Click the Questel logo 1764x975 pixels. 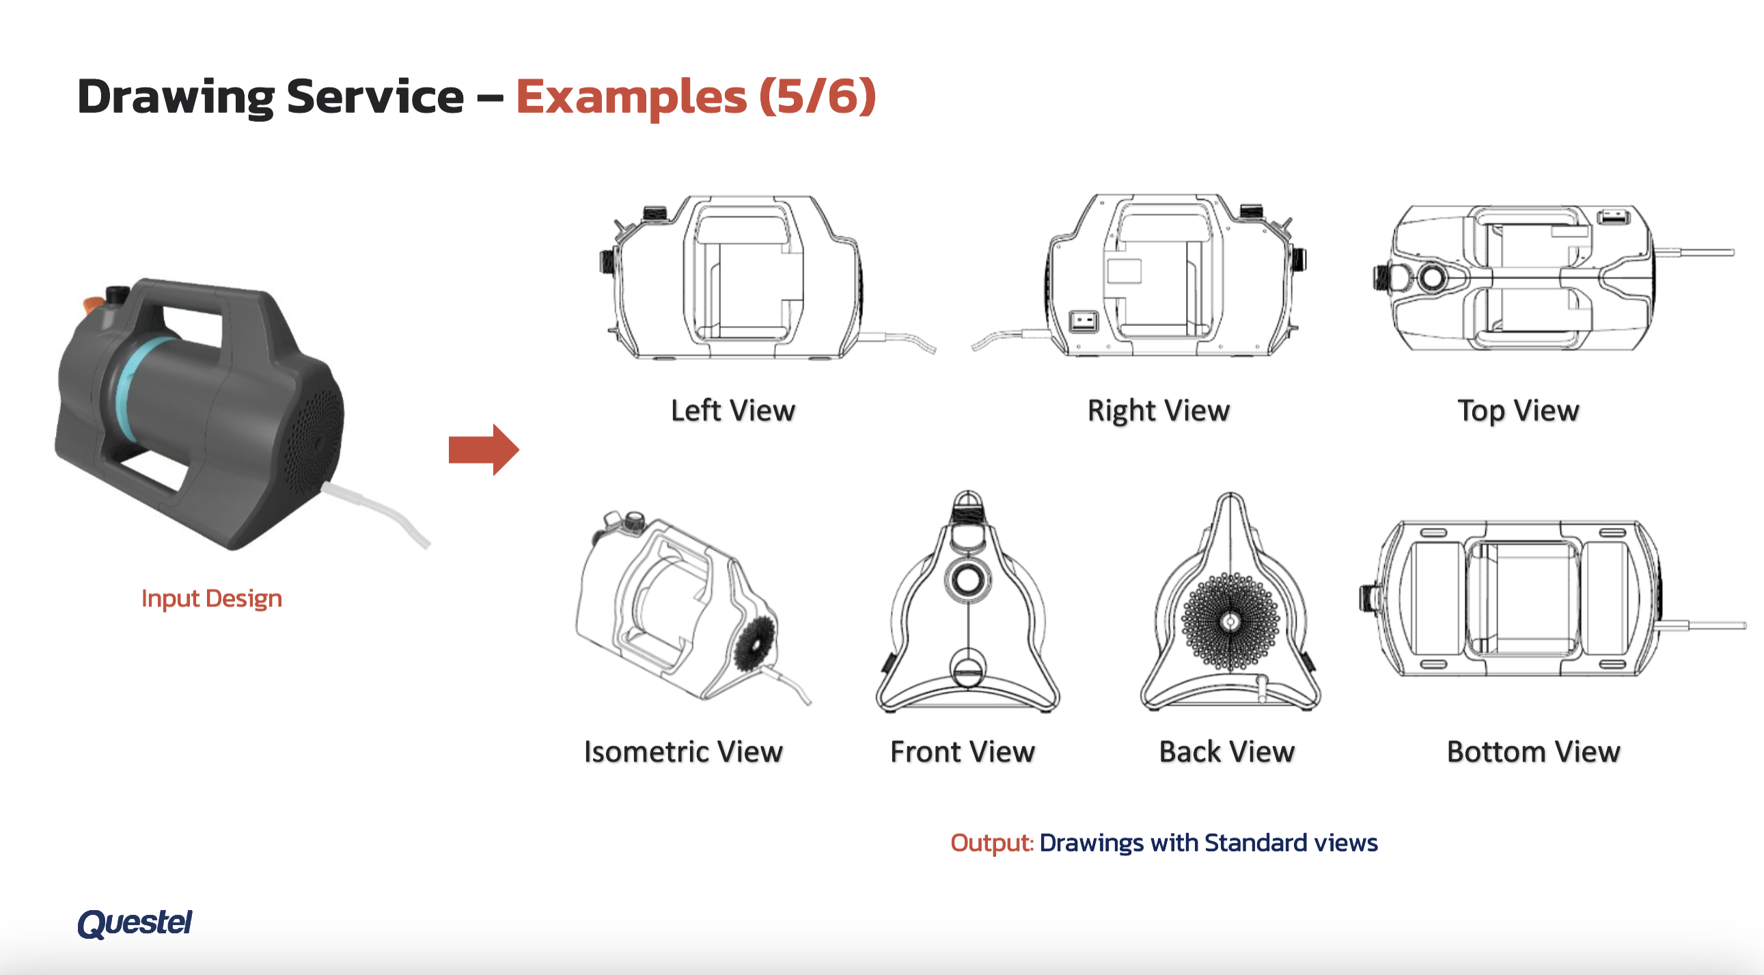click(x=134, y=922)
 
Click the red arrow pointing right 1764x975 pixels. click(x=484, y=449)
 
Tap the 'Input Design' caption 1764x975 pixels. click(x=212, y=598)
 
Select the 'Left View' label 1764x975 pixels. click(x=732, y=410)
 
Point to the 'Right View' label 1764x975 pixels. click(x=1159, y=411)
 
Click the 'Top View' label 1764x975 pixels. click(x=1518, y=411)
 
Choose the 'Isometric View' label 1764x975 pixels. click(x=683, y=751)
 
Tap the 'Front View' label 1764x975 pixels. click(x=962, y=751)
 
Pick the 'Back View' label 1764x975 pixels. click(x=1226, y=751)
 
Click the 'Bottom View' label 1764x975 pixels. click(x=1533, y=751)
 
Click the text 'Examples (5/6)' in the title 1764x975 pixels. click(x=695, y=96)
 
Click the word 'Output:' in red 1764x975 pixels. click(x=991, y=842)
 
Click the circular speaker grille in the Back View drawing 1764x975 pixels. click(x=1230, y=622)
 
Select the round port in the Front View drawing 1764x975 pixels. click(x=967, y=580)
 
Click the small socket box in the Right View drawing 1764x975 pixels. click(x=1084, y=321)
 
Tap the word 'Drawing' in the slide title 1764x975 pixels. click(x=176, y=97)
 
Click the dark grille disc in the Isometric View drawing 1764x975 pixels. click(x=755, y=643)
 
